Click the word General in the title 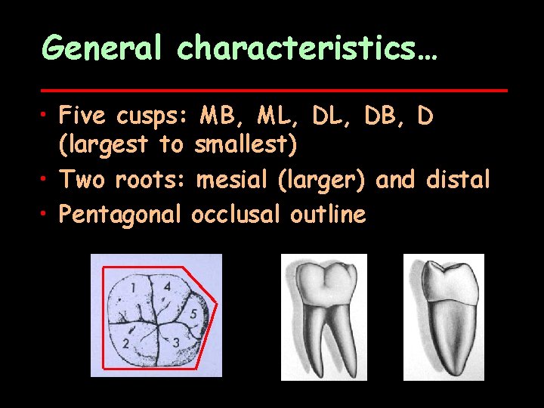coord(102,48)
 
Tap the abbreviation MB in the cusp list coord(218,116)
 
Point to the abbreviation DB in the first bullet coord(383,116)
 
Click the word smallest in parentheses coord(242,143)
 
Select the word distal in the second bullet coord(458,181)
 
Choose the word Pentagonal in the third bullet coord(121,215)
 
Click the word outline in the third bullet coord(328,215)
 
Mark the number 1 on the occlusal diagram coord(132,288)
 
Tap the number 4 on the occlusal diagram coord(167,287)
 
